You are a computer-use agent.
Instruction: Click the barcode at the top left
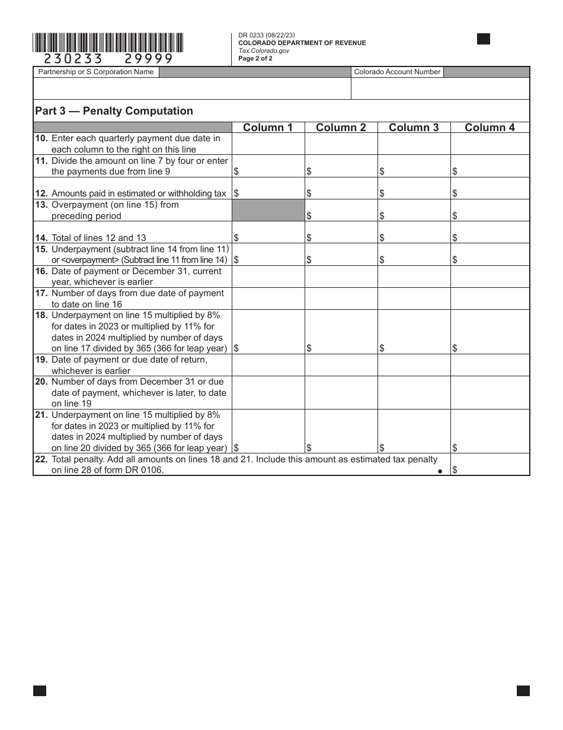tap(108, 43)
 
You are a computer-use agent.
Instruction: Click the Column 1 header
tap(268, 128)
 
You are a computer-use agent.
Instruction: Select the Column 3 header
tap(414, 128)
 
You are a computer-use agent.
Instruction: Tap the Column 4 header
tap(490, 128)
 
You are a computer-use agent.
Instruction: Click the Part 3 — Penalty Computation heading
tap(114, 111)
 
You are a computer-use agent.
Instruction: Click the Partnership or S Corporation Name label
tap(96, 72)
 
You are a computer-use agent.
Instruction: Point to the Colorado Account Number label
tap(397, 72)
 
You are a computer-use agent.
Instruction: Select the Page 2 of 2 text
tap(255, 58)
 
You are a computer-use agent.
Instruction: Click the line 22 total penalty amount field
tap(490, 465)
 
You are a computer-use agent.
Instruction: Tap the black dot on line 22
tap(440, 471)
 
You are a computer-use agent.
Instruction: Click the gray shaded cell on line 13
tap(268, 210)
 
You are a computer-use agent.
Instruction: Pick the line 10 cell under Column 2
tap(341, 144)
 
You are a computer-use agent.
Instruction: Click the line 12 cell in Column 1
tap(268, 188)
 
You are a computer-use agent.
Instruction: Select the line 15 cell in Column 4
tap(490, 255)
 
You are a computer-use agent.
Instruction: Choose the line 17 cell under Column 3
tap(414, 299)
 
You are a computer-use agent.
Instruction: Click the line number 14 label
tap(41, 238)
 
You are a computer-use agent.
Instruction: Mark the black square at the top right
tap(484, 39)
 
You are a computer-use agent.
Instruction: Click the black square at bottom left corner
tap(40, 690)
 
